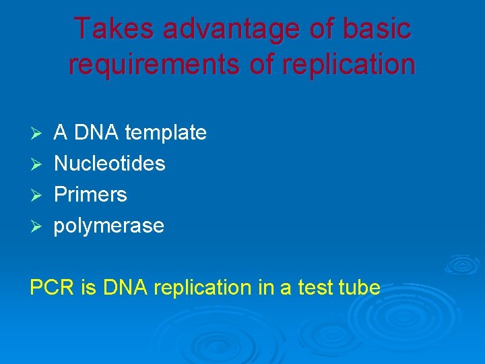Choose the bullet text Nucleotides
tap(109, 163)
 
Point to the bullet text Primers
tap(90, 194)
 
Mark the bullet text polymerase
tap(108, 226)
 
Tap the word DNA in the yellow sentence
tap(125, 288)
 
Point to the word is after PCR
tap(88, 288)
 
